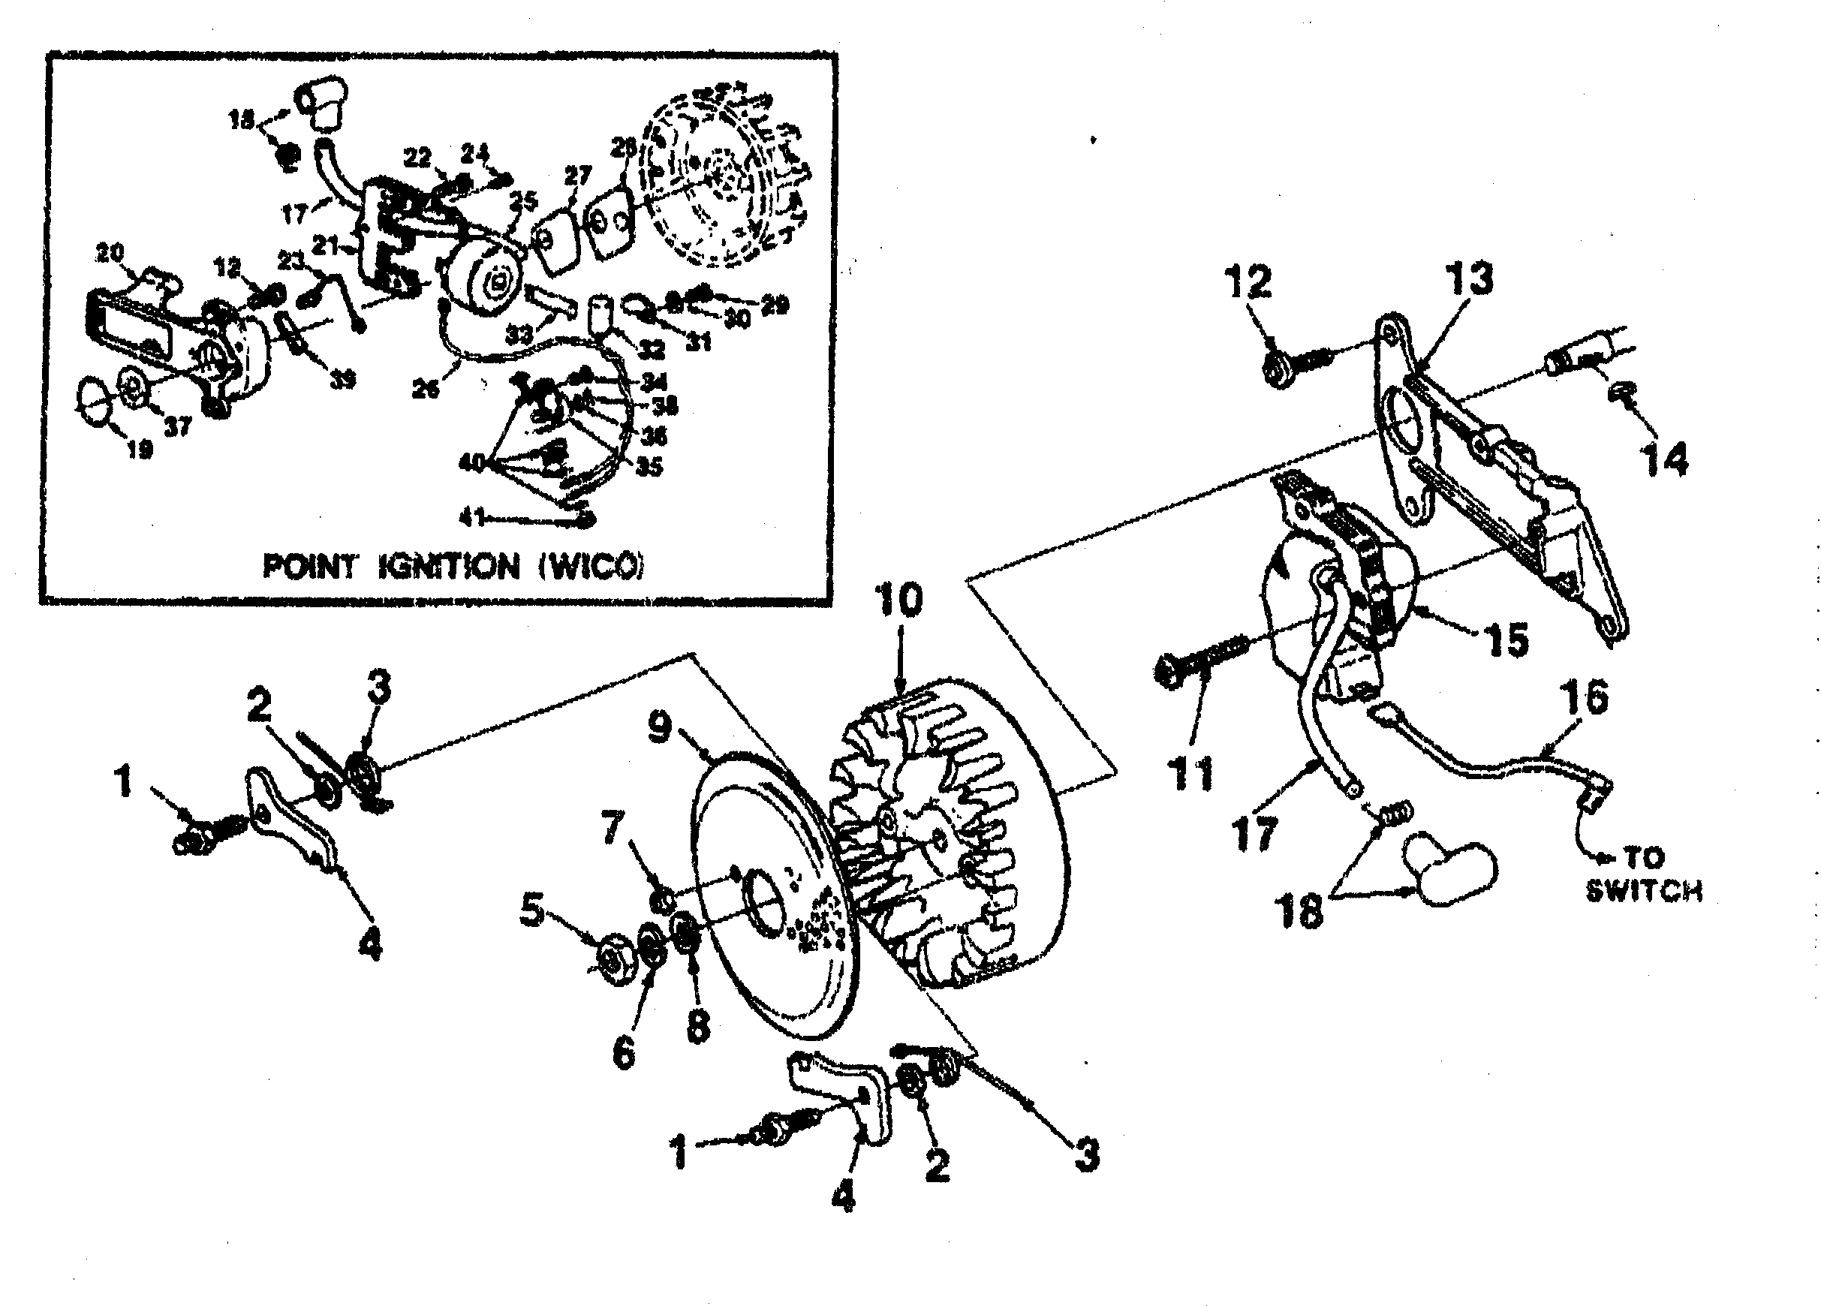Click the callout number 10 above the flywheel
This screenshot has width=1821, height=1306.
[x=898, y=600]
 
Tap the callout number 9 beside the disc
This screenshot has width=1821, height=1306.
[x=659, y=727]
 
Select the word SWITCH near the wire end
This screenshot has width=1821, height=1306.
[x=1644, y=891]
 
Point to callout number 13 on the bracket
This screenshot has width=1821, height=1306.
[x=1469, y=278]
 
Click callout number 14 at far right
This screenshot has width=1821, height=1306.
[x=1663, y=460]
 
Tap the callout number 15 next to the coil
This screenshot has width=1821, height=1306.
[x=1506, y=639]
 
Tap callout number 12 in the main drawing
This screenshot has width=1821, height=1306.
[x=1248, y=281]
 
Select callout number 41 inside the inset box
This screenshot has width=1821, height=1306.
[x=471, y=518]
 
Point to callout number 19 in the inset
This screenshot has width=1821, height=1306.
[x=140, y=449]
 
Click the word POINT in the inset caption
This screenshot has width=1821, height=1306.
[x=309, y=567]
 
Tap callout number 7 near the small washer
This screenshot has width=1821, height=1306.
[x=613, y=828]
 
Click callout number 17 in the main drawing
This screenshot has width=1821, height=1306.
[x=1254, y=834]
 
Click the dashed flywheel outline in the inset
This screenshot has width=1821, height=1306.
[x=727, y=181]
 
